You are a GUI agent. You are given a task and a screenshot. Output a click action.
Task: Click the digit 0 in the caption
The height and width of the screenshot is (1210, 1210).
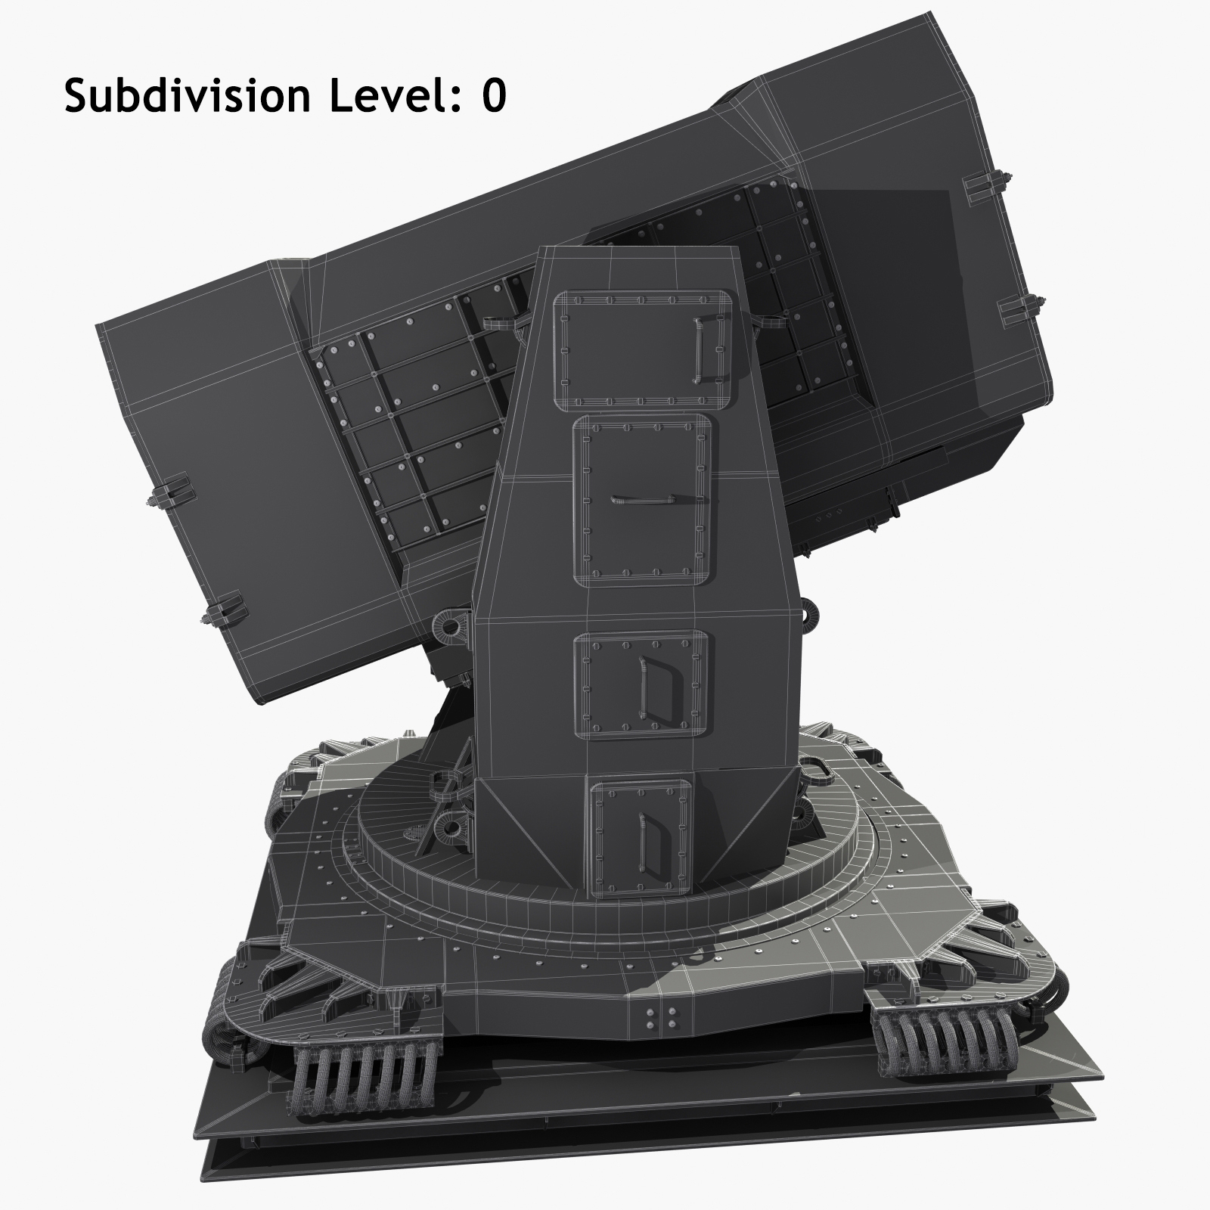coord(493,97)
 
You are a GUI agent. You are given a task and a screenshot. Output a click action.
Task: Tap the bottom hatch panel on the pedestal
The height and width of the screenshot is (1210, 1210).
coord(642,834)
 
